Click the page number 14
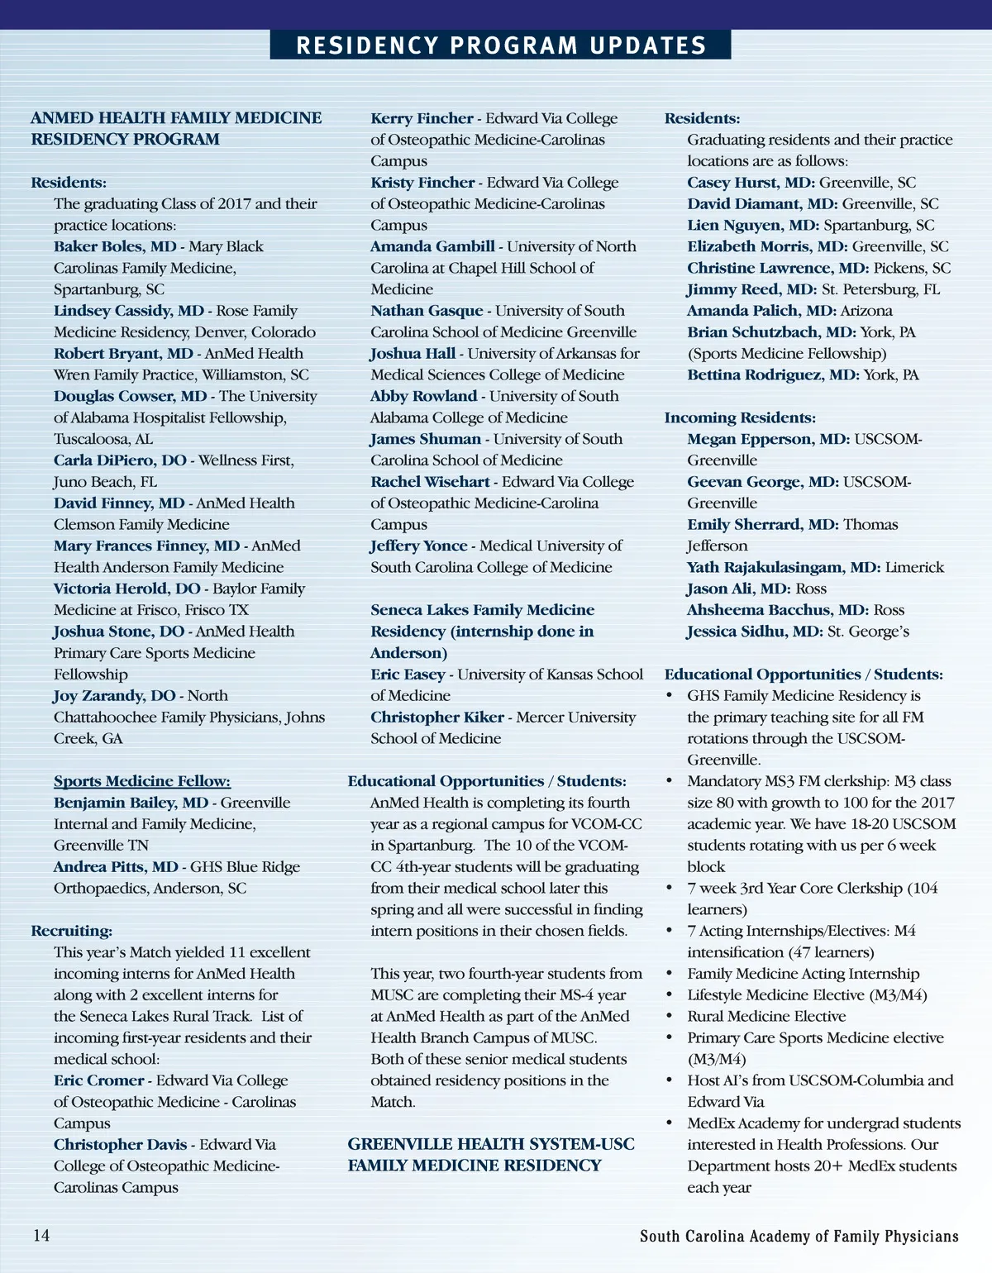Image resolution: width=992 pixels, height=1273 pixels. pyautogui.click(x=41, y=1235)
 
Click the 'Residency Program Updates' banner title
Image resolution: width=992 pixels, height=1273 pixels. pyautogui.click(x=501, y=45)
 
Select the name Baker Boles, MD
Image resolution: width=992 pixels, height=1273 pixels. pyautogui.click(x=115, y=246)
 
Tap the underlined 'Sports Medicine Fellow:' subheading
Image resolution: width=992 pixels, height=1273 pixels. pyautogui.click(x=142, y=781)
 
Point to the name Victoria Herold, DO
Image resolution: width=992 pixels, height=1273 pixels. pyautogui.click(x=126, y=589)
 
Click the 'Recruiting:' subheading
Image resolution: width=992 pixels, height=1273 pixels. pyautogui.click(x=72, y=931)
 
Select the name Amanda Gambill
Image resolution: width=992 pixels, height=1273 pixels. pyautogui.click(x=432, y=246)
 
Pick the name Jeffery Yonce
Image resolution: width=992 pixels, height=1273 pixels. pyautogui.click(x=418, y=546)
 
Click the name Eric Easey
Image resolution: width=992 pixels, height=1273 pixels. pyautogui.click(x=408, y=675)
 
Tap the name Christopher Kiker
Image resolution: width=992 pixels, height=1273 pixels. pyautogui.click(x=436, y=718)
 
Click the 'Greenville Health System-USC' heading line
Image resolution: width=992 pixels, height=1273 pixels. pyautogui.click(x=491, y=1144)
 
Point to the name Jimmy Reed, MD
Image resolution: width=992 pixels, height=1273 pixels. pyautogui.click(x=751, y=289)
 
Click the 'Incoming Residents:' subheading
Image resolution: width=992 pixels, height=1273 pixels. pyautogui.click(x=740, y=417)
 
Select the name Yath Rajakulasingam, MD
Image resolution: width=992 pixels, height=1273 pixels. pyautogui.click(x=783, y=567)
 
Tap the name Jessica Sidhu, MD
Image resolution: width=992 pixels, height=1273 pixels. pyautogui.click(x=755, y=632)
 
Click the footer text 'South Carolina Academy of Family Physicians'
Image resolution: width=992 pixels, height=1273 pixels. pyautogui.click(x=799, y=1237)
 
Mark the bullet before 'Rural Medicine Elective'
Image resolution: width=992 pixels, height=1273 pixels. pyautogui.click(x=670, y=1017)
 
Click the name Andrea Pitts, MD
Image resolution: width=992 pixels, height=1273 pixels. pyautogui.click(x=116, y=867)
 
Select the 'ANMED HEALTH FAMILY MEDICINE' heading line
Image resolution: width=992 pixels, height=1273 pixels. pyautogui.click(x=176, y=118)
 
